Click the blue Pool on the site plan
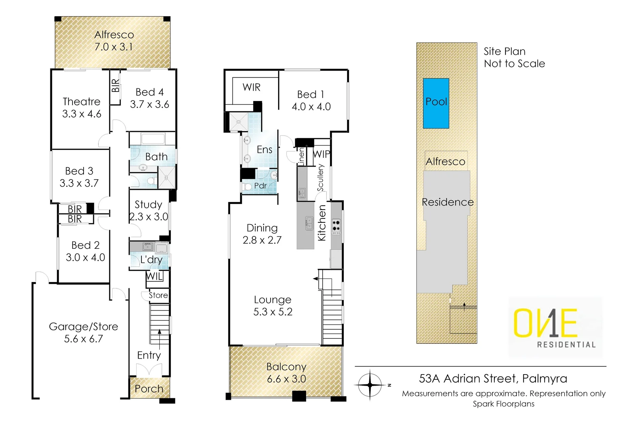point(436,103)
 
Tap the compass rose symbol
point(370,384)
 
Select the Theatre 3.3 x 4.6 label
point(82,108)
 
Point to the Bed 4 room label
point(149,92)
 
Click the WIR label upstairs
point(252,88)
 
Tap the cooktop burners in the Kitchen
point(336,226)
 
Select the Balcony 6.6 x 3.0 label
point(286,373)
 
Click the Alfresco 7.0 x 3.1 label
point(114,41)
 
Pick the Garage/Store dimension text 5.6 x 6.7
point(83,339)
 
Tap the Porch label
point(149,389)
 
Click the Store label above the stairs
point(158,295)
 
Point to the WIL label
point(154,276)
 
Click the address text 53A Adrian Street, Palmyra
point(493,378)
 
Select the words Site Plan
point(504,52)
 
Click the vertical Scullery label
point(320,178)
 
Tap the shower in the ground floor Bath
point(166,177)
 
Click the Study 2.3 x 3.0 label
point(149,210)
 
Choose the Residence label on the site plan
point(447,202)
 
